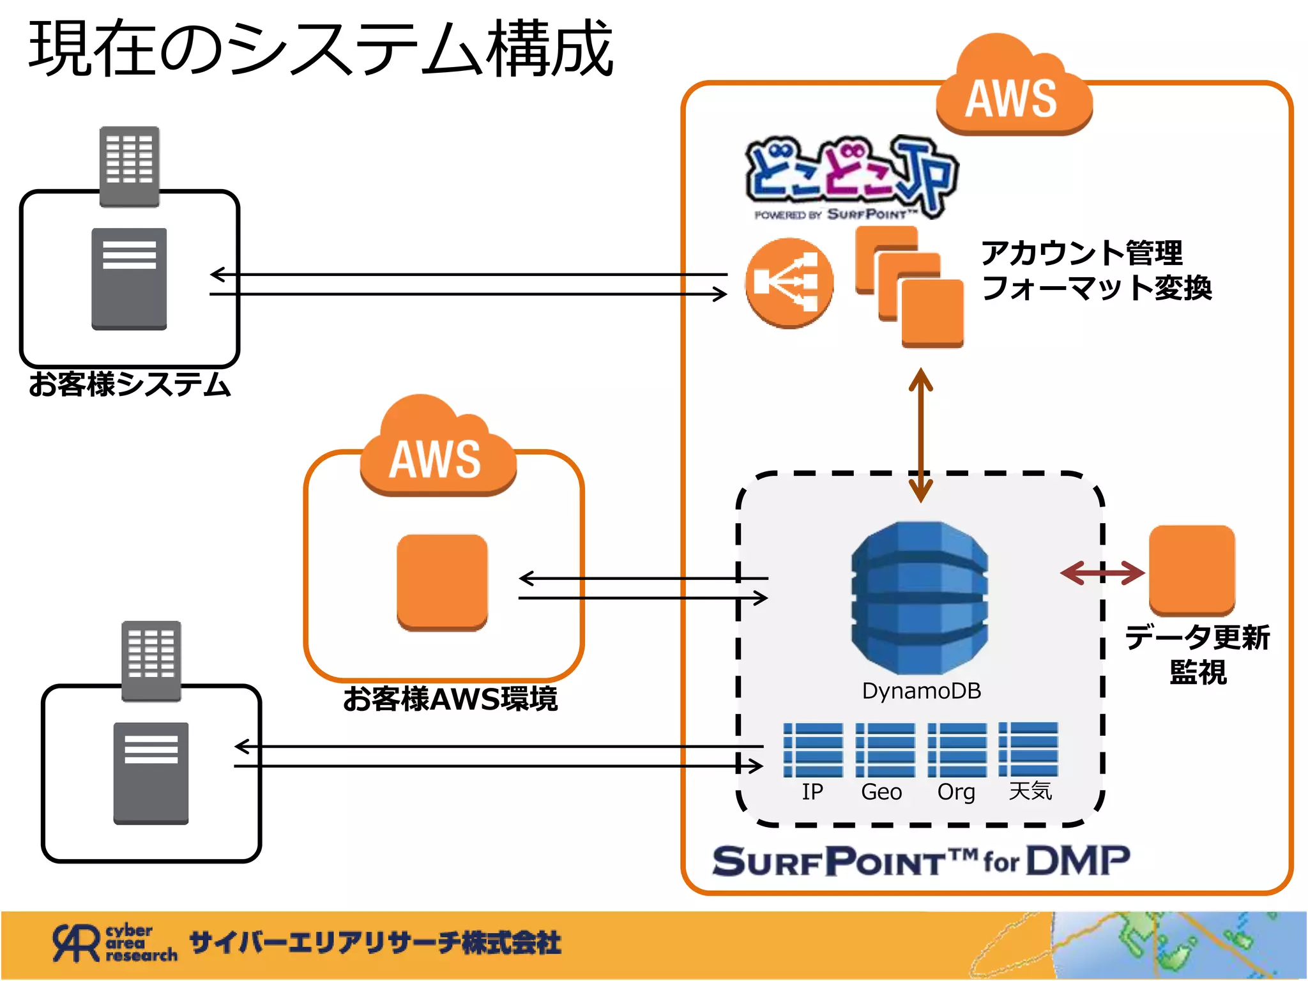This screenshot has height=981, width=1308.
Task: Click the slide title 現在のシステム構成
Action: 321,49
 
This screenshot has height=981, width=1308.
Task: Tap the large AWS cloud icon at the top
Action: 1013,89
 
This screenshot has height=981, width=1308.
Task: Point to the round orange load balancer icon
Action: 789,282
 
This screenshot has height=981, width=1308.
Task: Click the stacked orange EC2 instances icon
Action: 909,287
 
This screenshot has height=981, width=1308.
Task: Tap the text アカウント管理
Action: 1081,253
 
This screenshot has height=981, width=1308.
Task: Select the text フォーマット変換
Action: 1096,287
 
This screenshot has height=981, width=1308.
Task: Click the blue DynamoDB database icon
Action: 920,597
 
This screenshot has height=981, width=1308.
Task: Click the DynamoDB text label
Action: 921,691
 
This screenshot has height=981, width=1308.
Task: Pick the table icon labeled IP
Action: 812,750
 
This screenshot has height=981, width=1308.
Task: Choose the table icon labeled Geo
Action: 885,750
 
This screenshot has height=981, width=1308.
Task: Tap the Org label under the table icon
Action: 955,792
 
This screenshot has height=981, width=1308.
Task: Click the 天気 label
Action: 1030,791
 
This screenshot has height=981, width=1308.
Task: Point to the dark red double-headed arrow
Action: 1102,573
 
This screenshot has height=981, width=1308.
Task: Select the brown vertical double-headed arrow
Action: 920,434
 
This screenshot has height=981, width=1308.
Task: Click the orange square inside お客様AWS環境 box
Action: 442,582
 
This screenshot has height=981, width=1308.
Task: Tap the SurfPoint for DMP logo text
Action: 920,861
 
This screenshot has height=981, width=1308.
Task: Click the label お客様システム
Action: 130,384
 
